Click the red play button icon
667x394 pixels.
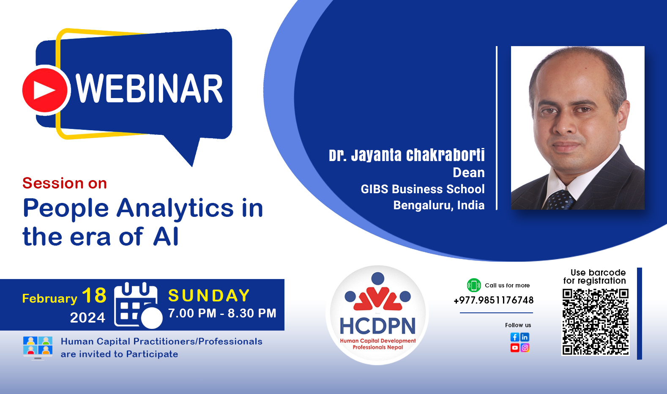[x=45, y=90]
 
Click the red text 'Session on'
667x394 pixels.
[x=65, y=183]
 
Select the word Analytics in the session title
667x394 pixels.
[x=175, y=208]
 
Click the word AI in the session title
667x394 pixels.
[x=166, y=236]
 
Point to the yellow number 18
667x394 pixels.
[x=94, y=295]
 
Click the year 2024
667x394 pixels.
[x=87, y=317]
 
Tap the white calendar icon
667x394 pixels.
[x=137, y=305]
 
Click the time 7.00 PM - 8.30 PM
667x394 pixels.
[x=222, y=313]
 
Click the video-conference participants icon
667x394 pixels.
[x=38, y=348]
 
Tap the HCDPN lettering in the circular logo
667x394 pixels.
[x=377, y=326]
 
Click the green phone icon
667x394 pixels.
[x=474, y=285]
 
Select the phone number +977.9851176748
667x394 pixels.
[x=493, y=300]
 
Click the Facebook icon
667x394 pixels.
[x=515, y=337]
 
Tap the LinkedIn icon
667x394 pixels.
[x=525, y=337]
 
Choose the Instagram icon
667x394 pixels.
[x=525, y=347]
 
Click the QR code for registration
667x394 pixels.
[x=595, y=322]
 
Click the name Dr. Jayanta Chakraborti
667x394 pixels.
[x=407, y=155]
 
